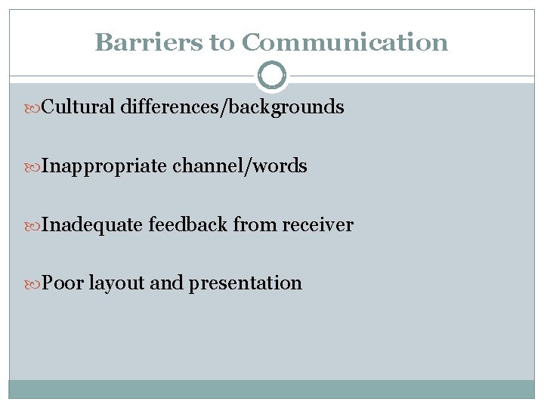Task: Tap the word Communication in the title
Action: pos(345,42)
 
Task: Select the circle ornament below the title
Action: pos(272,76)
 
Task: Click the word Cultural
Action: pos(78,107)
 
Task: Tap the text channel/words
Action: pos(240,166)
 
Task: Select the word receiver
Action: pos(317,224)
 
